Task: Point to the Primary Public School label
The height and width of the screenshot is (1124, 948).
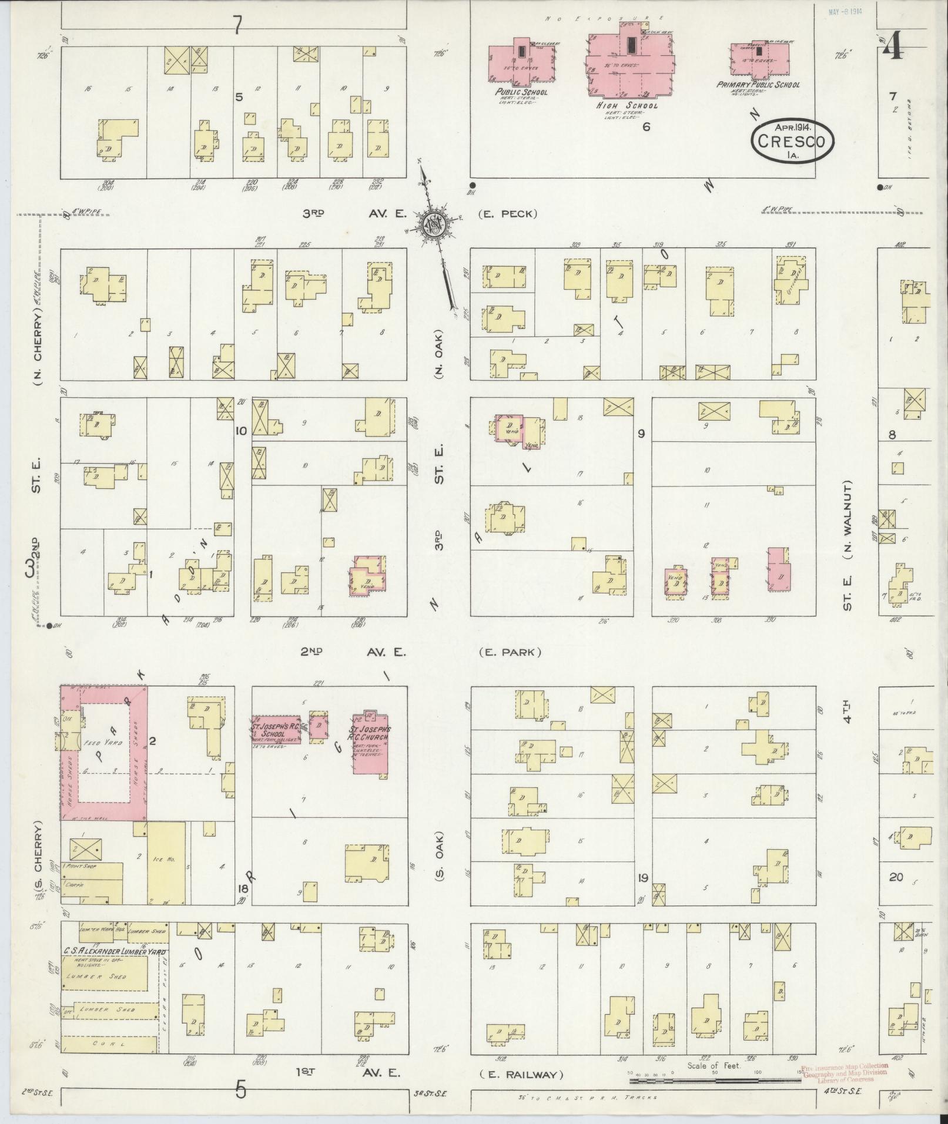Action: pyautogui.click(x=758, y=85)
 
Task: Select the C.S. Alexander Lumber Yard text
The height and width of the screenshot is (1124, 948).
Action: pyautogui.click(x=115, y=951)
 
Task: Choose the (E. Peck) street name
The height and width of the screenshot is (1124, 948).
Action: pyautogui.click(x=507, y=214)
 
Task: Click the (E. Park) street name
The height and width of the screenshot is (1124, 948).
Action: pyautogui.click(x=510, y=652)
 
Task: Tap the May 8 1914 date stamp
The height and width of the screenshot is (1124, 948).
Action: pyautogui.click(x=844, y=12)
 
